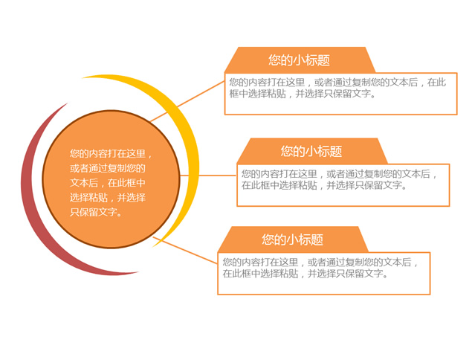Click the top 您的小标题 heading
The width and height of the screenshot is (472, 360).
[300, 60]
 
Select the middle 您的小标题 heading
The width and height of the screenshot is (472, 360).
[311, 151]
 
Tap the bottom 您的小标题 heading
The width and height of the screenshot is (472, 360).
[292, 240]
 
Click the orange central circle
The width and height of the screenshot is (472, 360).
[111, 179]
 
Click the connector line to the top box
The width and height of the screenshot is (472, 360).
[187, 101]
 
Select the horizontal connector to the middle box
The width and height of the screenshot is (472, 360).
[208, 176]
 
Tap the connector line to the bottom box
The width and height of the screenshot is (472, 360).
[185, 251]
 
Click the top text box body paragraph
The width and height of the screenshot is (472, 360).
[337, 88]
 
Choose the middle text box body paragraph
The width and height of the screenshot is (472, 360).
[339, 179]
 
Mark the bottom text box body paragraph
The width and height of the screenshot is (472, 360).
[320, 268]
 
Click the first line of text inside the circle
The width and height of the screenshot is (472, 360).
[111, 154]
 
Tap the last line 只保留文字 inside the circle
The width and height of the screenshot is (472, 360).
[97, 212]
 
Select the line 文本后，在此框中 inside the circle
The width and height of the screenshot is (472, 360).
[108, 183]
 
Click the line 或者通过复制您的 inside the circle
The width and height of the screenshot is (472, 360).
[108, 168]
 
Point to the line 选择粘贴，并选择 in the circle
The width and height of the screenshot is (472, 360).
[108, 198]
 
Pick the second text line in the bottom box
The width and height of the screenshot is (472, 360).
[305, 274]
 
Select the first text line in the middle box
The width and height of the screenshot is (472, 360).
[339, 174]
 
